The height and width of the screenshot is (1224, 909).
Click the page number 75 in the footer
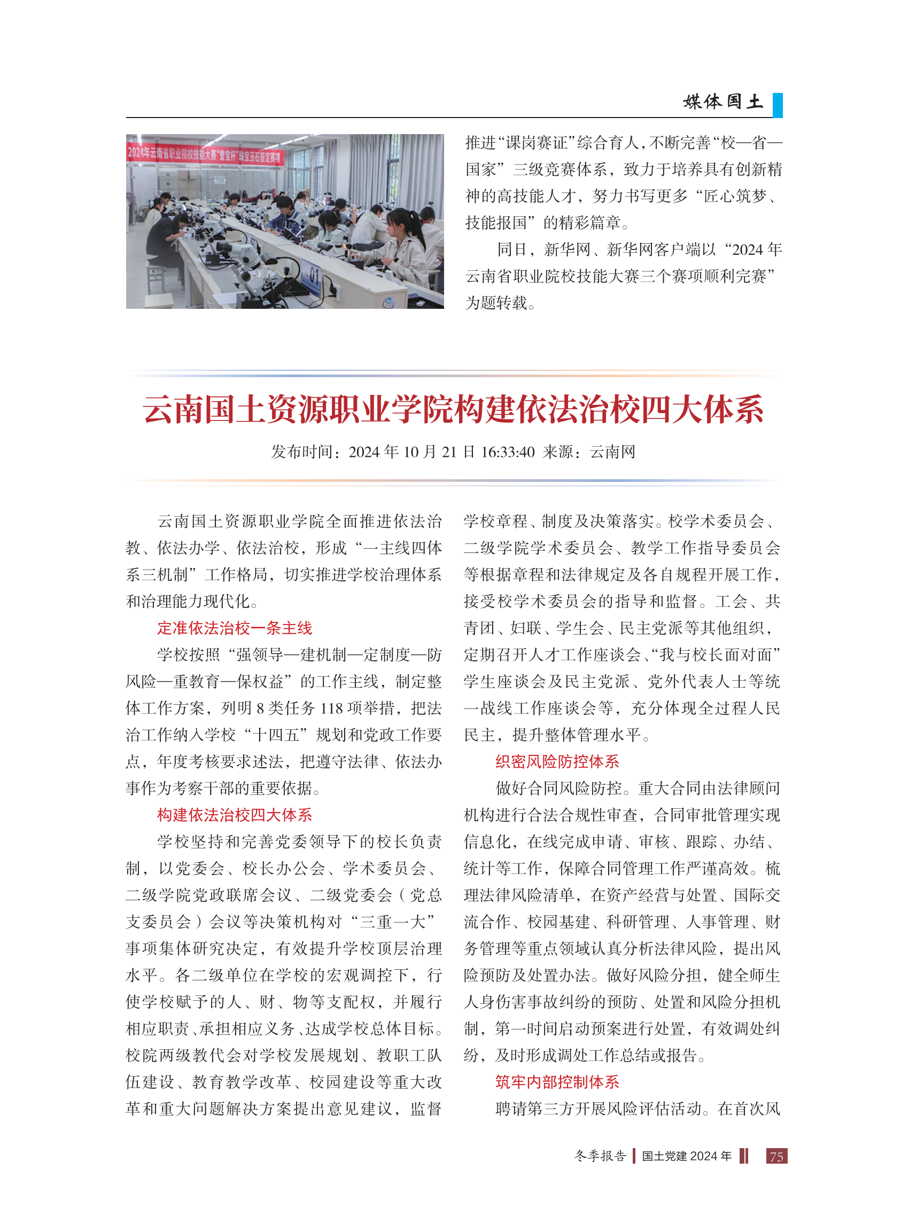(776, 1156)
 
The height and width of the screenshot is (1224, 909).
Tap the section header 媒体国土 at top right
(722, 102)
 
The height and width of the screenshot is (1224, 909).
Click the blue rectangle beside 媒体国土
(778, 105)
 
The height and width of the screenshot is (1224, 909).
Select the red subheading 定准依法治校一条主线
(235, 628)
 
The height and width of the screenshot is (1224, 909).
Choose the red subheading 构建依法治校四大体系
(235, 815)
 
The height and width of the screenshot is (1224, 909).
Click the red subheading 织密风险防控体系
(557, 761)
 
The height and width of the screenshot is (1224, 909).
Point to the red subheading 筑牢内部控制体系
(557, 1082)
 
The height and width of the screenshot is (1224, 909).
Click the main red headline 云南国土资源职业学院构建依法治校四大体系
(453, 410)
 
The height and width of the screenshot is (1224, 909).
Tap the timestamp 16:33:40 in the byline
(507, 452)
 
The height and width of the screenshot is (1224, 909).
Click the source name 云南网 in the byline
(612, 452)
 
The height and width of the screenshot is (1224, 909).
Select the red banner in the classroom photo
(205, 154)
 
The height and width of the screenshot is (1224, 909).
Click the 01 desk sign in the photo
(313, 274)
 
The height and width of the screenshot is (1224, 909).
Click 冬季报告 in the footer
(600, 1156)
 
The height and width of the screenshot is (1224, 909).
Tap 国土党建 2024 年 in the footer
(687, 1156)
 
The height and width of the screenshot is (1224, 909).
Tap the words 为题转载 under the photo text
(496, 303)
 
